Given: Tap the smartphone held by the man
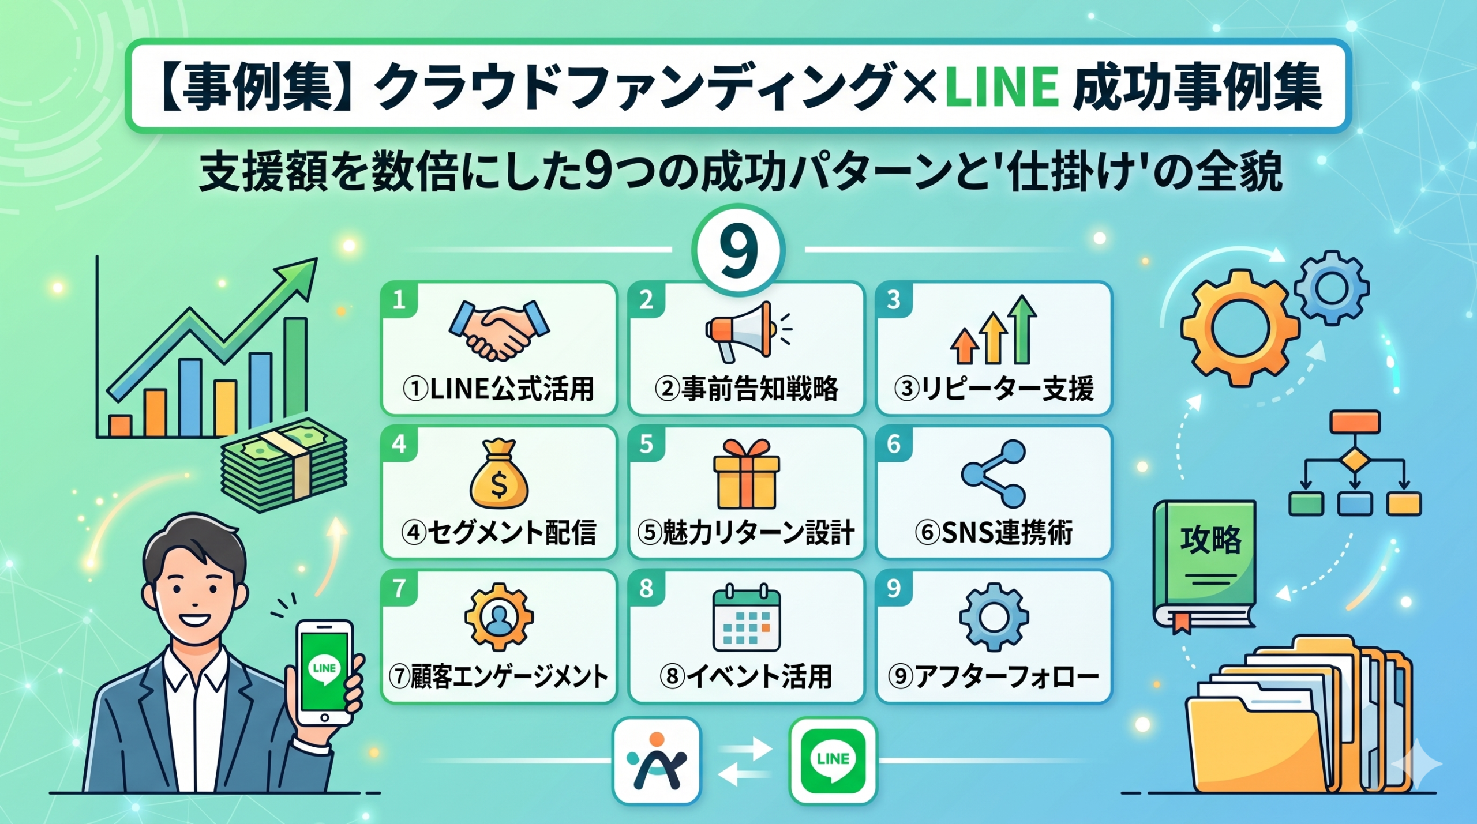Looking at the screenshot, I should [x=324, y=672].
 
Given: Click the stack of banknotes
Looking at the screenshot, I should [x=284, y=465].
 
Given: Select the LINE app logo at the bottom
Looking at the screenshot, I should [x=833, y=761].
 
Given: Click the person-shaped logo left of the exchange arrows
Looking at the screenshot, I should [x=657, y=761].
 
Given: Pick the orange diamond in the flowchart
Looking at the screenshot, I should [x=1354, y=460].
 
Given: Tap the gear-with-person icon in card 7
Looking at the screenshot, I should [x=498, y=617].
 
